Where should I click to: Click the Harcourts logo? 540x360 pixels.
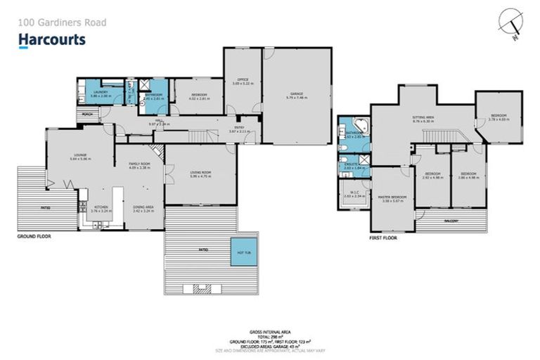[52, 39]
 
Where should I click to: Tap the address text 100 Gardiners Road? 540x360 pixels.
[62, 22]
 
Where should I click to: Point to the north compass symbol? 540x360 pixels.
[510, 21]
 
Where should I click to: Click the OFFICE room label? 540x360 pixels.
[242, 82]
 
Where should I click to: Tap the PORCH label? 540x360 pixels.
[88, 113]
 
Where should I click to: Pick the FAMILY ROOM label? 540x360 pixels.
[141, 165]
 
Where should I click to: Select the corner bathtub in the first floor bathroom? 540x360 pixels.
[359, 127]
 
